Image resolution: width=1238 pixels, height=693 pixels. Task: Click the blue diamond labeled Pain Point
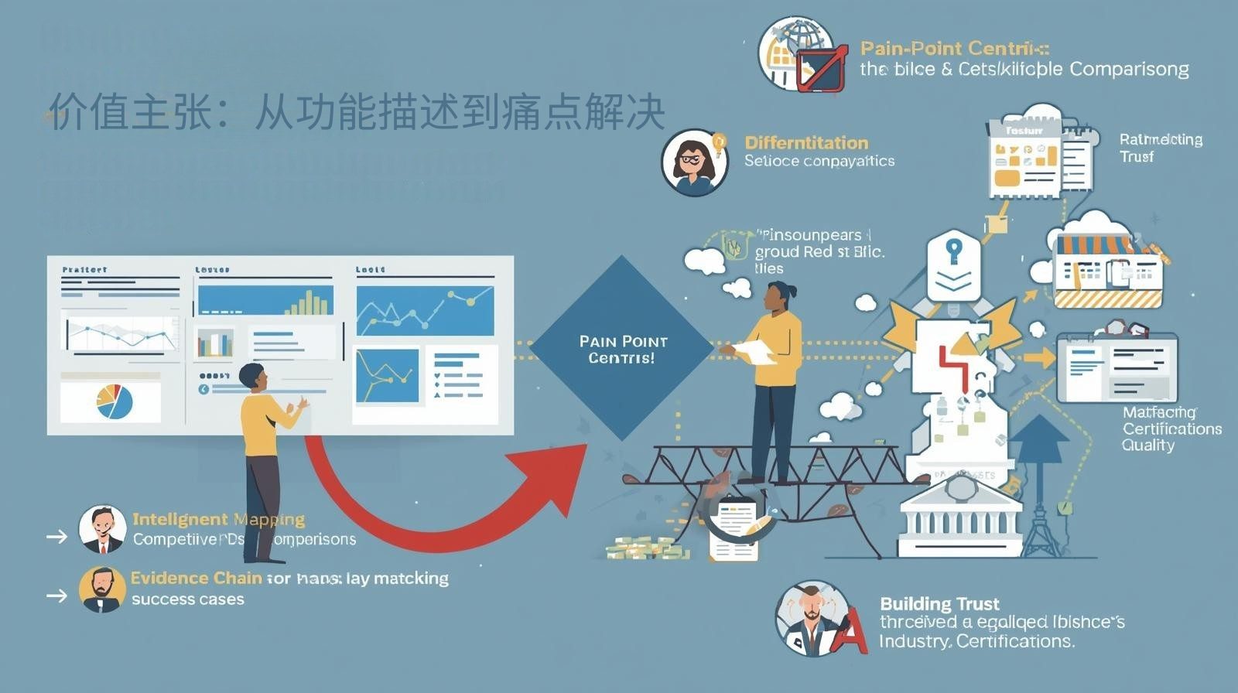coord(622,349)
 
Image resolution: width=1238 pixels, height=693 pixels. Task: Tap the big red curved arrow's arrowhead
coord(552,472)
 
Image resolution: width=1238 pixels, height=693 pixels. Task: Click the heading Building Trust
coord(939,604)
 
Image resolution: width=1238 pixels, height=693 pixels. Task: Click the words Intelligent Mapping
coord(218,519)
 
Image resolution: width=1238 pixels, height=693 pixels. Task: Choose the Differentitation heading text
coord(806,142)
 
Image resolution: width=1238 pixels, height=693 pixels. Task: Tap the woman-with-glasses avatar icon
coord(694,162)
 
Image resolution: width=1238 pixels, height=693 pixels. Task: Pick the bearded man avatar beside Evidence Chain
coord(101,589)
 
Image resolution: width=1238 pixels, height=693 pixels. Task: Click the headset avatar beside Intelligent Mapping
coord(101,529)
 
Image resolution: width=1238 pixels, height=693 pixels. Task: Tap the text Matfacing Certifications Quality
coord(1171,428)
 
